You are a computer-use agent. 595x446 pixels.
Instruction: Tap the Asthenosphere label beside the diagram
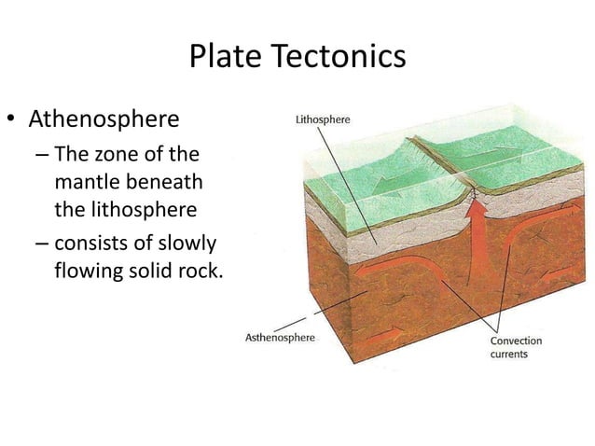[279, 337]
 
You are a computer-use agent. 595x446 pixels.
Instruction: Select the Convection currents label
[516, 347]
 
